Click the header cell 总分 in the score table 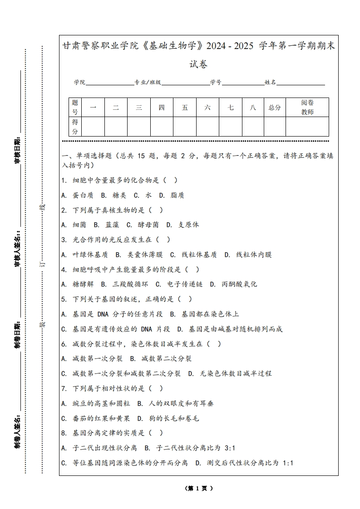275,108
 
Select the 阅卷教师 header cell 307,108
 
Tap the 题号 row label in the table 75,108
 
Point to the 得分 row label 75,127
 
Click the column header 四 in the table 162,108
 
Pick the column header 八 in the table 253,108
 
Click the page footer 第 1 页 199,489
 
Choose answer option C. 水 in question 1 143,195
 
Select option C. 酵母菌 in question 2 143,225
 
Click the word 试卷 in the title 199,64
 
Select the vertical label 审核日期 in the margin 17,151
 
